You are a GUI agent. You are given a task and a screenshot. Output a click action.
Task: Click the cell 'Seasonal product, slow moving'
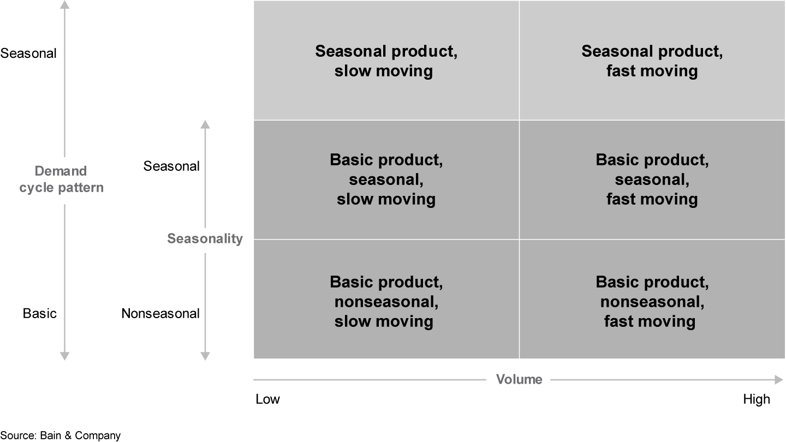[386, 61]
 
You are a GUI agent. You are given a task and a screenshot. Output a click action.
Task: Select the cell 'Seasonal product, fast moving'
[652, 61]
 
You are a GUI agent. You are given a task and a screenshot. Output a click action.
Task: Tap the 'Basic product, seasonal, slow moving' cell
[386, 180]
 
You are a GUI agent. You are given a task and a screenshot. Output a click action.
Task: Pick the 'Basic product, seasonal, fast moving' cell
[652, 180]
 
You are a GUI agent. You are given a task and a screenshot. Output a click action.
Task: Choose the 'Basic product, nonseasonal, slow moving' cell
[386, 302]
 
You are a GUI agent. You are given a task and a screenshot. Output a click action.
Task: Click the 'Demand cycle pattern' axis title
[61, 180]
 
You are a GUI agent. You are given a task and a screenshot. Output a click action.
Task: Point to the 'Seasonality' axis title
[205, 238]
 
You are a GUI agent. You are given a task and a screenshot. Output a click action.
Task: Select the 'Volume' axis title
[519, 379]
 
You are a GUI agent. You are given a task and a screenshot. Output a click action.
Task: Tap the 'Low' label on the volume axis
[267, 399]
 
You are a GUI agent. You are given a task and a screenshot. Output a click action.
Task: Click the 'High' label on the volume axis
[756, 399]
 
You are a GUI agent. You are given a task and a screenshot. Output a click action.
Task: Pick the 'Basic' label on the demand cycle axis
[39, 313]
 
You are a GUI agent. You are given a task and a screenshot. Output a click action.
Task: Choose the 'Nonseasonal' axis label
[160, 313]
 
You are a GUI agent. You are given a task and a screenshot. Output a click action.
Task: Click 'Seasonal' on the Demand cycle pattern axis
[28, 53]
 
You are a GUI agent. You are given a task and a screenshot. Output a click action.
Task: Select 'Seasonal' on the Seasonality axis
[171, 166]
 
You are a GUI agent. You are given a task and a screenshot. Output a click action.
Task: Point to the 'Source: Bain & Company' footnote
[60, 435]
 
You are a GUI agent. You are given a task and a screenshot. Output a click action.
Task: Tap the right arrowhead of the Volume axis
[779, 379]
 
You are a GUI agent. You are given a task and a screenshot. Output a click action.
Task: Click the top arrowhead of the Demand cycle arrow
[64, 5]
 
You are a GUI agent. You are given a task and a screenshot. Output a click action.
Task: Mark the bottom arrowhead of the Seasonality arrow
[205, 356]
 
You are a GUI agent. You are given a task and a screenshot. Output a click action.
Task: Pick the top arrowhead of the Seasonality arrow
[205, 124]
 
